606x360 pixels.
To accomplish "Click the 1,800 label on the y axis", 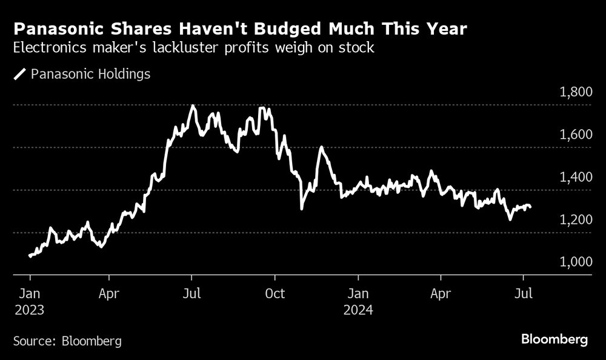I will pos(574,93).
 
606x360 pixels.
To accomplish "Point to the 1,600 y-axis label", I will pos(574,135).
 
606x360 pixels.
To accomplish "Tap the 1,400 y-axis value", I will pos(574,178).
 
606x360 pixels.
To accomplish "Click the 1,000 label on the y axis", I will pos(574,262).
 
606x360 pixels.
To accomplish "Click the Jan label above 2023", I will pos(30,295).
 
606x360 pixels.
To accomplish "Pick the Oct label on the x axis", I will pos(275,295).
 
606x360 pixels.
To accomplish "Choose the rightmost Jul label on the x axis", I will pos(523,295).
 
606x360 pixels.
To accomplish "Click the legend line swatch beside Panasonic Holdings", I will pos(20,75).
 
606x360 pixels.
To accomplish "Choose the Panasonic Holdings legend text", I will pos(90,75).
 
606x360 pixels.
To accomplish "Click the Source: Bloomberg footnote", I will pos(67,341).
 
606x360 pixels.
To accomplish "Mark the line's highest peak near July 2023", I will pos(193,106).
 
